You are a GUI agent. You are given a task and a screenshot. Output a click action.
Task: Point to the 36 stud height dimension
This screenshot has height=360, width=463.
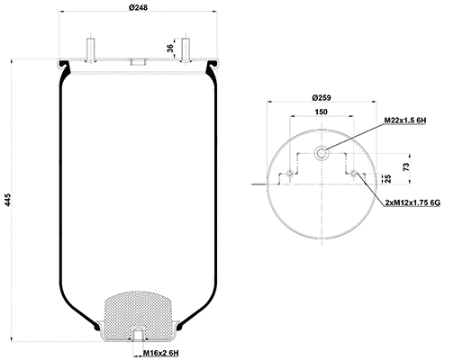[x=169, y=48]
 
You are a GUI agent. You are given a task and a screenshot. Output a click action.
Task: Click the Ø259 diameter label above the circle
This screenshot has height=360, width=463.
[x=322, y=97]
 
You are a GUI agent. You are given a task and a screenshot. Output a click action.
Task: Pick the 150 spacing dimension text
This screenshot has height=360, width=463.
[x=321, y=112]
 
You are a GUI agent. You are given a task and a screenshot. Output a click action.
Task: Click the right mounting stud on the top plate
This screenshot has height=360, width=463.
[x=186, y=49]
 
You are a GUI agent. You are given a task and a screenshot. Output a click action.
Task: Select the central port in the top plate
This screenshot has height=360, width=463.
[x=138, y=63]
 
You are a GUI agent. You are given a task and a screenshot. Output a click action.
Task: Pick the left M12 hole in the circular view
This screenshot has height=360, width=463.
[x=282, y=175]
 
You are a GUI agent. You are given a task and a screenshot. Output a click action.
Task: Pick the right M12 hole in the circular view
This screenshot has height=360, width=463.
[x=360, y=175]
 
